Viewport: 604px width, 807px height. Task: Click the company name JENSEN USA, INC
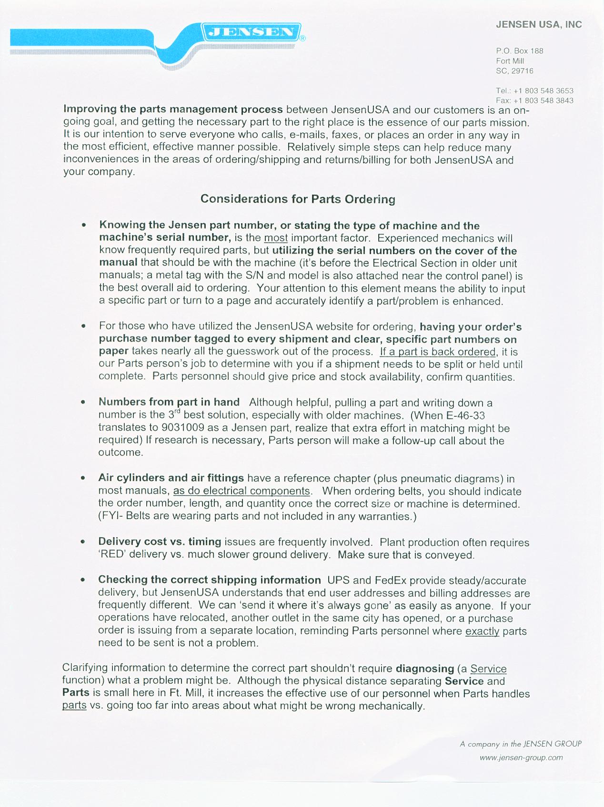point(539,25)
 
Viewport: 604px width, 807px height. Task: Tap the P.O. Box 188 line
point(519,51)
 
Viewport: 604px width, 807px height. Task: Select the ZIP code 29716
point(522,71)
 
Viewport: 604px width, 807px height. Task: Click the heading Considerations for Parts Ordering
point(298,199)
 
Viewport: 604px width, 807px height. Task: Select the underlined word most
point(276,238)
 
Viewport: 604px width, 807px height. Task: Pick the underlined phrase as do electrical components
point(242,491)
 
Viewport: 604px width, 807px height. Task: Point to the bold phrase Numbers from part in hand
point(169,403)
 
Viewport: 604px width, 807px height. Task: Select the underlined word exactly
point(482,631)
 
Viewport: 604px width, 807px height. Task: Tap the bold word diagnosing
point(425,669)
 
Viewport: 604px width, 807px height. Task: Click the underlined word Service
point(488,669)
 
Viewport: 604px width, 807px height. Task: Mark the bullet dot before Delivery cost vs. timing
point(83,542)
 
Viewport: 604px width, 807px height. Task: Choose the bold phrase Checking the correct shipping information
point(209,580)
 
